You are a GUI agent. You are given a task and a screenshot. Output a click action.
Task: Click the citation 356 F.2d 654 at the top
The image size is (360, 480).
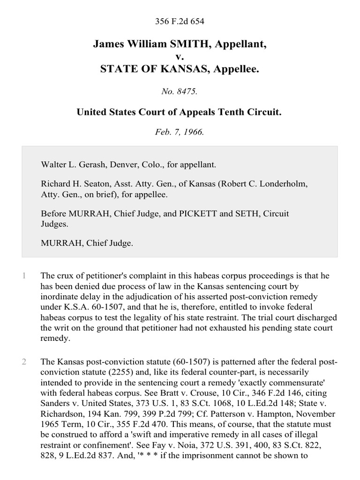pos(180,21)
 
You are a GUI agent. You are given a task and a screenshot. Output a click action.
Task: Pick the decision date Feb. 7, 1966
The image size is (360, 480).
pos(180,132)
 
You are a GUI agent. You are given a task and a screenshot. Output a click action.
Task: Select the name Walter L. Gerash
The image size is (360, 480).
pos(70,165)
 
